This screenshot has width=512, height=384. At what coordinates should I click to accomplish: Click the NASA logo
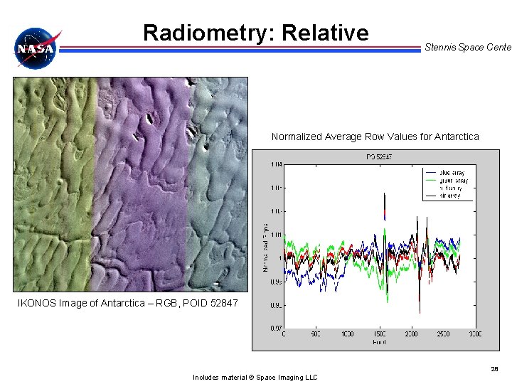tap(37, 48)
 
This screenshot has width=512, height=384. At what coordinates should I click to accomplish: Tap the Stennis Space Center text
tap(467, 47)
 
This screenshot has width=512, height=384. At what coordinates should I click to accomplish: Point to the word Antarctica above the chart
tap(455, 137)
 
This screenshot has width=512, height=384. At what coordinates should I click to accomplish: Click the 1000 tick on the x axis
tap(347, 334)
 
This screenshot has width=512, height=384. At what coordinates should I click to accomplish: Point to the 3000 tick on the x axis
tap(474, 334)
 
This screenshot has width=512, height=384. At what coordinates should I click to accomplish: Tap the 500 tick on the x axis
tap(315, 334)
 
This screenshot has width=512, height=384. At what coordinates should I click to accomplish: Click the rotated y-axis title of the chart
tap(265, 246)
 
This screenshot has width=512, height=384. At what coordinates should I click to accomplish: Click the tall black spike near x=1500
tap(384, 203)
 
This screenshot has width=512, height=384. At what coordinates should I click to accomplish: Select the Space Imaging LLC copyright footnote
tap(255, 377)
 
